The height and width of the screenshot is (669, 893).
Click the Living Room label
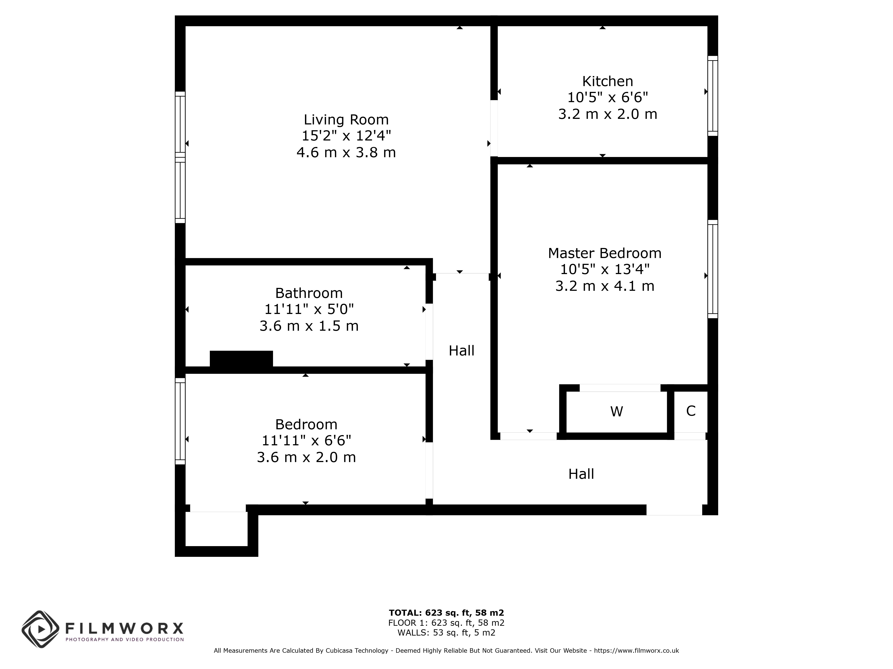pos(346,120)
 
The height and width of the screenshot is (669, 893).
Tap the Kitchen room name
pos(608,81)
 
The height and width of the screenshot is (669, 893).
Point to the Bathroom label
pos(309,293)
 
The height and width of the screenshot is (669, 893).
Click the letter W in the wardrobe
pos(616,411)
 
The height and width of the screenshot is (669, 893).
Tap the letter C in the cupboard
pos(691,411)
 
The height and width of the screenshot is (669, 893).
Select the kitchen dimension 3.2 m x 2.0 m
pos(608,114)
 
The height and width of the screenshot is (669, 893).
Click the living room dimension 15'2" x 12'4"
pos(346,136)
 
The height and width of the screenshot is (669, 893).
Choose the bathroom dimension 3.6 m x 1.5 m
pos(309,326)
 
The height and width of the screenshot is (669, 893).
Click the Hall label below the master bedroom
pos(581,474)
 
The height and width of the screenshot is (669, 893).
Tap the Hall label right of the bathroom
pos(461,351)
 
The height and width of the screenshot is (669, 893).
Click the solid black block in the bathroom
pos(241,359)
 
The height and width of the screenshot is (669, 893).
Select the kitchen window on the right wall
pos(713,96)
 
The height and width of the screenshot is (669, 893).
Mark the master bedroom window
pos(713,269)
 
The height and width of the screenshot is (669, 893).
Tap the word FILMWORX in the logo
pos(124,628)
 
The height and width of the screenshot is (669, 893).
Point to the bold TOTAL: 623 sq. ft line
pos(446,613)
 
